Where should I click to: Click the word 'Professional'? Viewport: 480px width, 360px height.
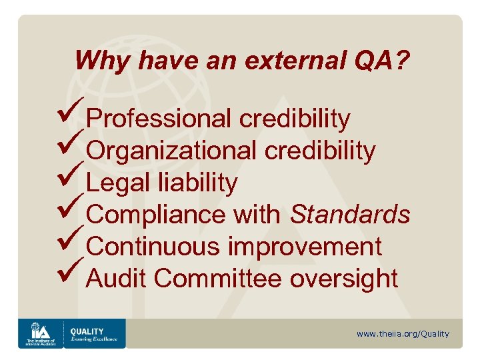(x=159, y=119)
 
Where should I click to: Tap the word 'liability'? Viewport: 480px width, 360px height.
(x=199, y=183)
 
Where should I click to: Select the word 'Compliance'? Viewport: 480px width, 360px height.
(x=157, y=215)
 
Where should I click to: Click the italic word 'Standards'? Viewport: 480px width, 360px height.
(x=350, y=215)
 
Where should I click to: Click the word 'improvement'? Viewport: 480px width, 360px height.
(x=305, y=247)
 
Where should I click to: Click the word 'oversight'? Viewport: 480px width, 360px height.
(x=343, y=279)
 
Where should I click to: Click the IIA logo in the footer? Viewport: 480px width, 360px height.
(x=39, y=333)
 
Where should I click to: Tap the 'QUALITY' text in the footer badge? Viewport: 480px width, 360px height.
(x=87, y=331)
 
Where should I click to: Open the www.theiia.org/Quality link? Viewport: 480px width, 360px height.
(x=403, y=333)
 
